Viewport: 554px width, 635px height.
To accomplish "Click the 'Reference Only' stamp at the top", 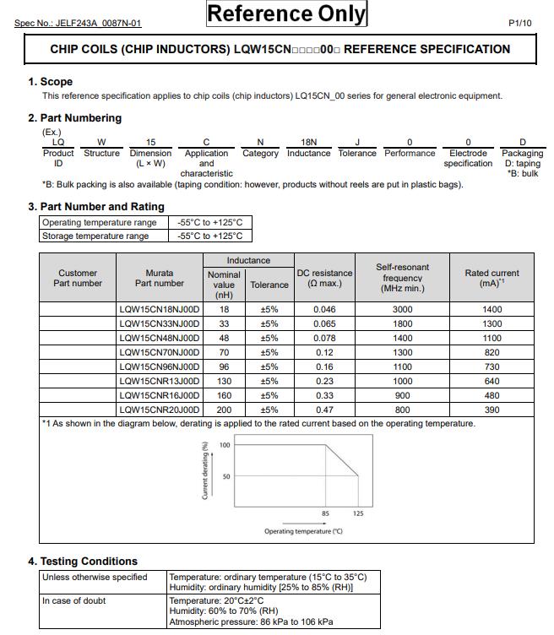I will pos(287,14).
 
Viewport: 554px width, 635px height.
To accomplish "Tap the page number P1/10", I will pos(520,23).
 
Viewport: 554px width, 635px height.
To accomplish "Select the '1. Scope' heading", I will pos(51,82).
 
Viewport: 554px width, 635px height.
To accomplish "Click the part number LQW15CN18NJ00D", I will pos(160,310).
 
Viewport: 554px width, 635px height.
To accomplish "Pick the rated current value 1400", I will pos(492,310).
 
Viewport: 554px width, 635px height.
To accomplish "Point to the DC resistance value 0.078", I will pos(324,338).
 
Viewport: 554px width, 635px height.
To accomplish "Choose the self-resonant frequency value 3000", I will pos(402,310).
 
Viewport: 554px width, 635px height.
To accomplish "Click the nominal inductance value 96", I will pos(224,366).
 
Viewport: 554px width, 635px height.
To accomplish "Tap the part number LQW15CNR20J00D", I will pos(160,409).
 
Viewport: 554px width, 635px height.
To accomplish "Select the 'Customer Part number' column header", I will pos(78,278).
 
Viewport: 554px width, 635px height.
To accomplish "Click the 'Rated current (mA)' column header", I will pos(492,278).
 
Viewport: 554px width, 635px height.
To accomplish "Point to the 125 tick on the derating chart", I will pos(358,513).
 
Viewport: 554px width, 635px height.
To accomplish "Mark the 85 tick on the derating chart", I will pos(325,513).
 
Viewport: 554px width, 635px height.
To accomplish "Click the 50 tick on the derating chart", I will pos(225,477).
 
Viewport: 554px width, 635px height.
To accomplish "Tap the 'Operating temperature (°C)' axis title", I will pos(303,531).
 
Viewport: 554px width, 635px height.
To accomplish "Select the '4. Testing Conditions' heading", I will pos(83,562).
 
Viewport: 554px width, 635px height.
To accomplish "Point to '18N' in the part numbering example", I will pos(308,143).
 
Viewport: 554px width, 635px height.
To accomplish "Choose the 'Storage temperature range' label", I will pos(95,236).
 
